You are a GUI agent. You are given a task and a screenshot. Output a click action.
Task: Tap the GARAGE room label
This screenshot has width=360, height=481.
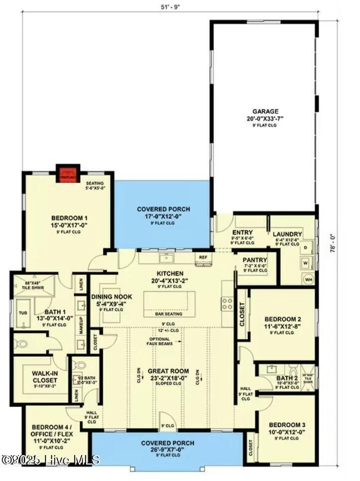click(265, 112)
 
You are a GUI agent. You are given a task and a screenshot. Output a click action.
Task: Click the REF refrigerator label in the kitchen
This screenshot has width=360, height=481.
click(203, 257)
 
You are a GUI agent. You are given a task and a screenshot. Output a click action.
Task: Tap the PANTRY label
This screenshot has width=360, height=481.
click(254, 260)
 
